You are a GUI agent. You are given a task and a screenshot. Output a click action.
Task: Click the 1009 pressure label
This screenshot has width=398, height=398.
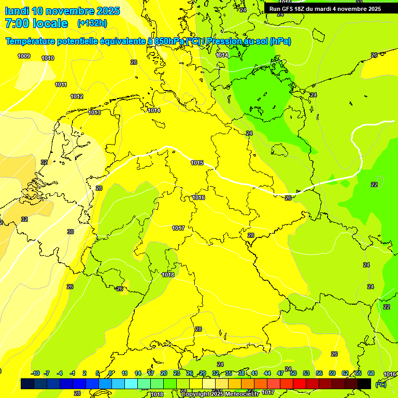pos(24,56)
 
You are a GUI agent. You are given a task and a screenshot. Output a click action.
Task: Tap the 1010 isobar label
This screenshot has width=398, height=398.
pos(48,59)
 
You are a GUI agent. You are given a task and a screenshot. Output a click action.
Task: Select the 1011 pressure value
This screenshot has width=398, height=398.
pos(61,84)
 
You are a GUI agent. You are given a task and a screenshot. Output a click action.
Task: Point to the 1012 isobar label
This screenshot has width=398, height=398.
pos(77,97)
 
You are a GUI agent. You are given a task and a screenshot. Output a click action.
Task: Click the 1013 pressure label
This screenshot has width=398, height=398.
pos(94,112)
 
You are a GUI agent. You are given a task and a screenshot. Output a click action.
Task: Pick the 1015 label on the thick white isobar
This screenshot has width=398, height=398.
pos(197,163)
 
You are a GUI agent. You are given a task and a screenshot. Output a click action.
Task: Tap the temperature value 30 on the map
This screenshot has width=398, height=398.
pos(70,232)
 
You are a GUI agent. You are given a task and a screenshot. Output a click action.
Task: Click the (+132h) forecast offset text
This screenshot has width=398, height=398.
pos(92,23)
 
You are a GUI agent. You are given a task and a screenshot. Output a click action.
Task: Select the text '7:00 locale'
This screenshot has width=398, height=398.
pos(36,23)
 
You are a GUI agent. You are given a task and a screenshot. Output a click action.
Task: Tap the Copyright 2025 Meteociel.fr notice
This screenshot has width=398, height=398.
pos(219,394)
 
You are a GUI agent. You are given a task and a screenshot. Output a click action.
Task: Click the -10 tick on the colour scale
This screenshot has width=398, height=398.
pos(35,374)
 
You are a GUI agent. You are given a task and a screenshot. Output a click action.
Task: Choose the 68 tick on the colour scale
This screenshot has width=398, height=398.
pos(371,374)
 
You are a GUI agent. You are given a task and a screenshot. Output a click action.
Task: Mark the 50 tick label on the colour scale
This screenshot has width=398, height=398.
pos(293,374)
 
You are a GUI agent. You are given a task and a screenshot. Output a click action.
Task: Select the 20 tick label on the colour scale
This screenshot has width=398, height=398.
pos(164,374)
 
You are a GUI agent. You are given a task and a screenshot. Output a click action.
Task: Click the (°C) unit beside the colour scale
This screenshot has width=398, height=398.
pos(380,384)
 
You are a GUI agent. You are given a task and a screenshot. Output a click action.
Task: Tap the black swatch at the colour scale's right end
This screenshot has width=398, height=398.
pos(364,383)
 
